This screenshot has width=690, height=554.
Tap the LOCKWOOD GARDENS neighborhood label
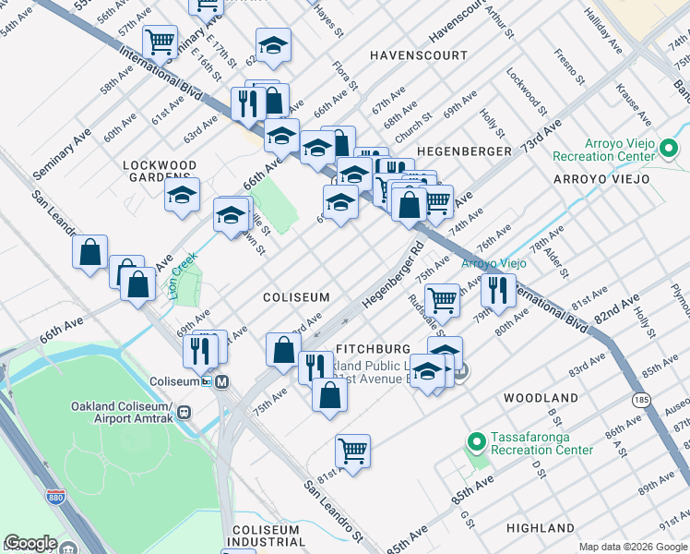click(x=161, y=173)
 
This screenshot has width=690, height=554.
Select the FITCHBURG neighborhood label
click(x=373, y=349)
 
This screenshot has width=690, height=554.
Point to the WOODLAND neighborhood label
click(x=541, y=397)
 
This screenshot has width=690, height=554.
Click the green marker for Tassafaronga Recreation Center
click(x=477, y=442)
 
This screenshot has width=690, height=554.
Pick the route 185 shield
click(x=643, y=399)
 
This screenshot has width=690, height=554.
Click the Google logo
click(x=30, y=544)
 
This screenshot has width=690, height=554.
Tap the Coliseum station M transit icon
click(x=221, y=381)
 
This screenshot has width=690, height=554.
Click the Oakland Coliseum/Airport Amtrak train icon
click(x=184, y=413)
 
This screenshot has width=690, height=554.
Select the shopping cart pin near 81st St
click(x=352, y=451)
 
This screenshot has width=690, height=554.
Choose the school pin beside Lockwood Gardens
click(x=183, y=195)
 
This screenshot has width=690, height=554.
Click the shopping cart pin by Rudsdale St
click(x=443, y=298)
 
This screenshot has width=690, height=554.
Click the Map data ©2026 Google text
click(x=633, y=547)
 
